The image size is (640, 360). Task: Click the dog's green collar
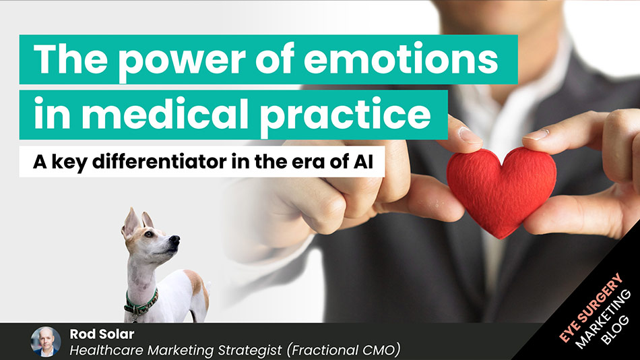click(x=141, y=301)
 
